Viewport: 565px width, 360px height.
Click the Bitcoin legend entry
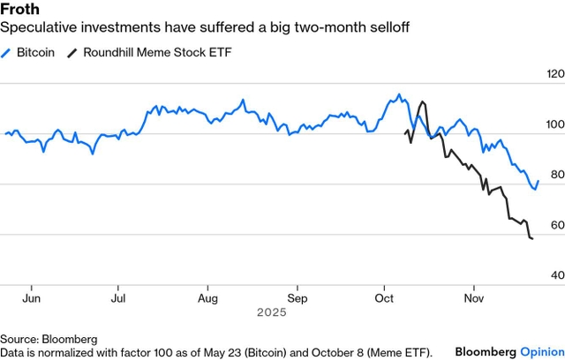tap(35, 52)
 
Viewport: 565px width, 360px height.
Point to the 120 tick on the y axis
tap(554, 75)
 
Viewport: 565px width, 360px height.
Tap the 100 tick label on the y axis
tap(554, 125)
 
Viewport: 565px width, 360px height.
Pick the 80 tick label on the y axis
tap(554, 176)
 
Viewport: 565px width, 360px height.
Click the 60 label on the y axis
tap(554, 226)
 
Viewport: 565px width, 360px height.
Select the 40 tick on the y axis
tap(554, 276)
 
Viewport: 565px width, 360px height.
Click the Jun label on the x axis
tap(31, 298)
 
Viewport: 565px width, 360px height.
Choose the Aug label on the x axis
tap(207, 298)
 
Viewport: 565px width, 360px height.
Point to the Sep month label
tap(298, 298)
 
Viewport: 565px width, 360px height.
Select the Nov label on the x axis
tap(474, 298)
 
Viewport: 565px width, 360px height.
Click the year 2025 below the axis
tap(271, 312)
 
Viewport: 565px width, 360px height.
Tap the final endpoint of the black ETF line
tap(532, 239)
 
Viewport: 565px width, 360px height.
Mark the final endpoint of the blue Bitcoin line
tap(538, 181)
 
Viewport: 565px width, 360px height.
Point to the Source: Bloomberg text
tap(49, 339)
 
